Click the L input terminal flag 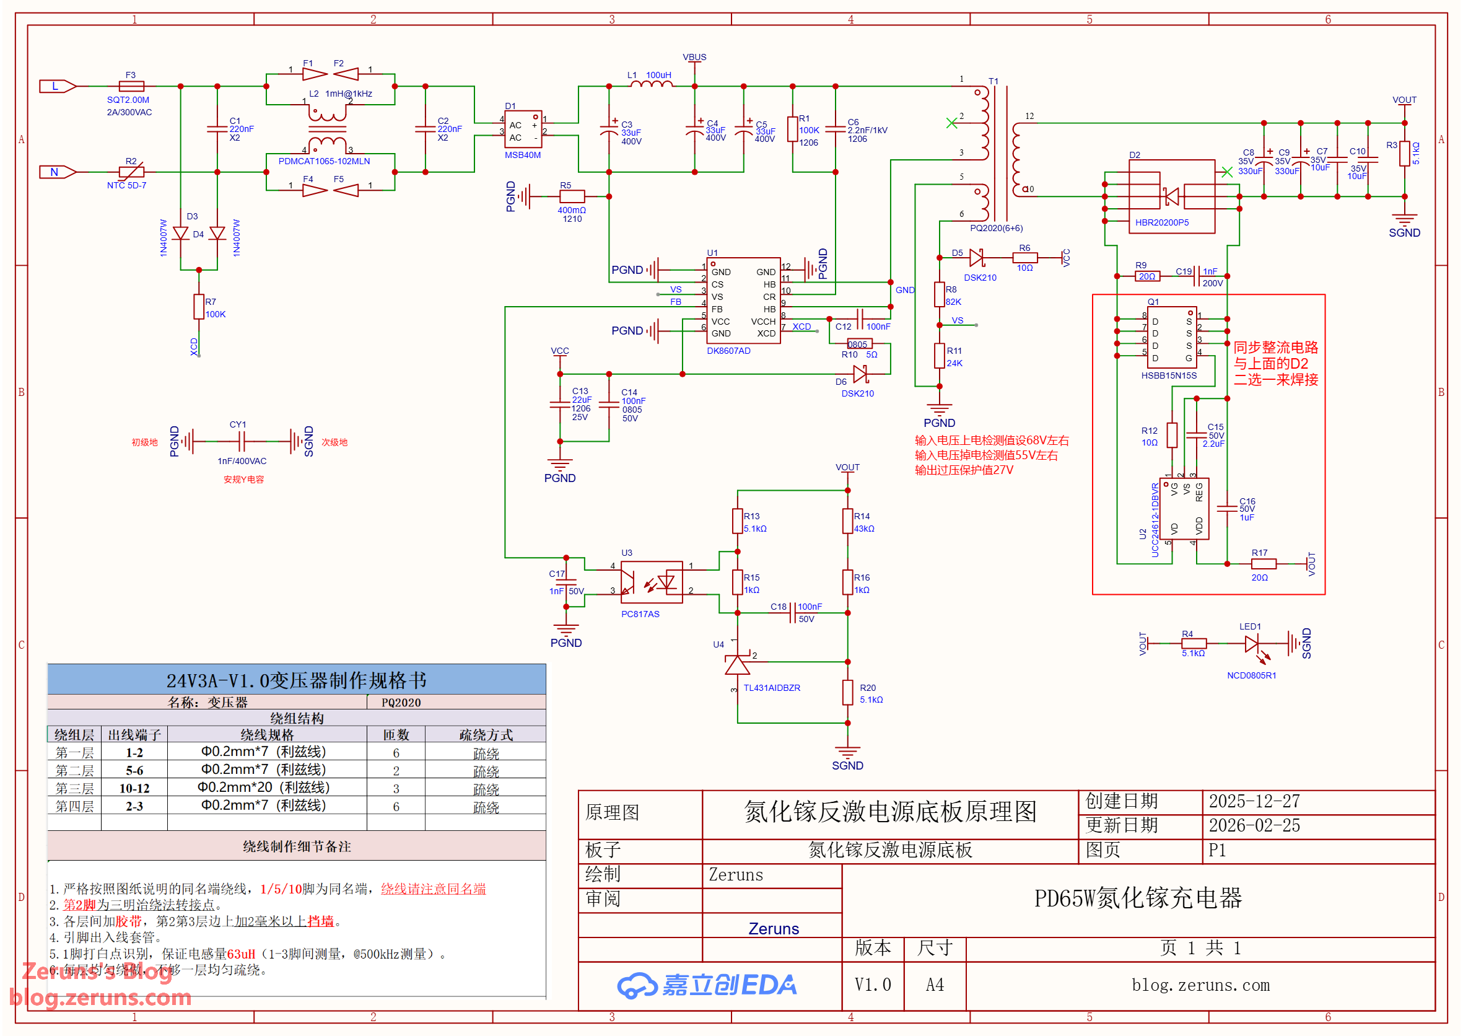(57, 86)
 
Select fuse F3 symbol (131, 86)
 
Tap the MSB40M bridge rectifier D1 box (523, 130)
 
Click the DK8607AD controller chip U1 (743, 301)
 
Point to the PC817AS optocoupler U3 (651, 582)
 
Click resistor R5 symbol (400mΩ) (572, 196)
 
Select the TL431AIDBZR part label (772, 688)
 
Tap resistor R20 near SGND (847, 692)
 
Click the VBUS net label (694, 57)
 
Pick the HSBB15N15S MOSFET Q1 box (1171, 338)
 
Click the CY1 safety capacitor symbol (241, 441)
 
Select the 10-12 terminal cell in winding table (134, 788)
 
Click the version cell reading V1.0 (873, 985)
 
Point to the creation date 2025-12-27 (1254, 801)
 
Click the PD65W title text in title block (1138, 898)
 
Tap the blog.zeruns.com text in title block (1200, 985)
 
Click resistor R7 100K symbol (199, 307)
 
